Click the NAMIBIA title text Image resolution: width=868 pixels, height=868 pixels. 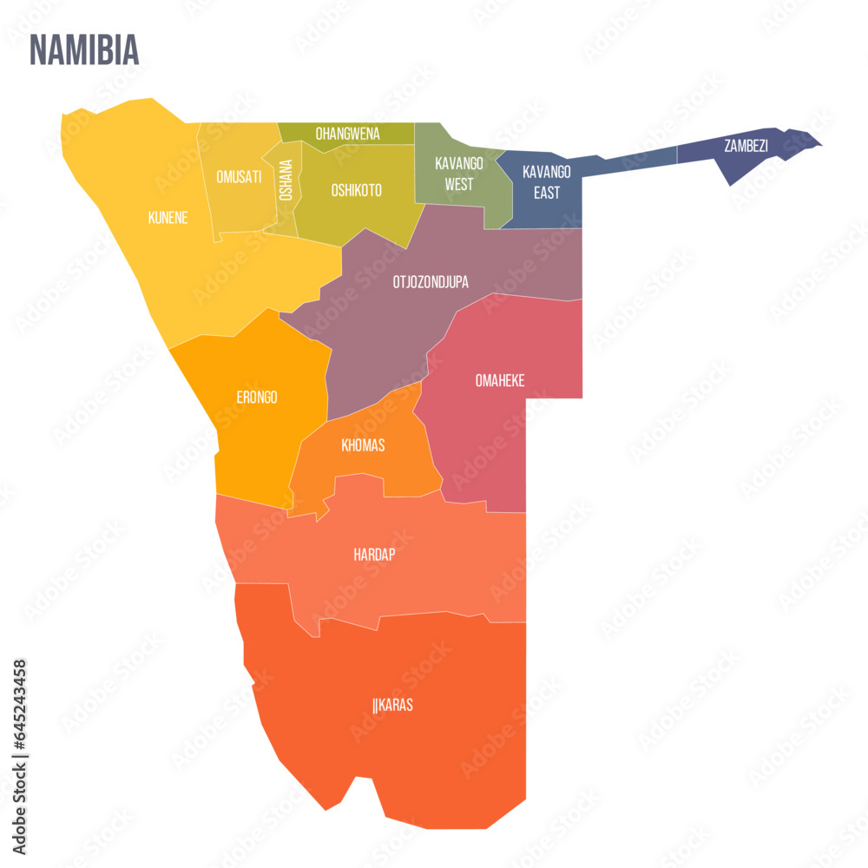[84, 50]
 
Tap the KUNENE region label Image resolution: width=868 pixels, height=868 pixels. [168, 218]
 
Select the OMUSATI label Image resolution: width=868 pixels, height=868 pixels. [239, 177]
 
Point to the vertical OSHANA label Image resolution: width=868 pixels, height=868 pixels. [286, 181]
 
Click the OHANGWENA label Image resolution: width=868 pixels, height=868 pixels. [347, 134]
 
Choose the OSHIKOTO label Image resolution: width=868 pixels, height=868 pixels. [356, 190]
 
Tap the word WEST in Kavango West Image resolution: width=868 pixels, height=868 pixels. [459, 184]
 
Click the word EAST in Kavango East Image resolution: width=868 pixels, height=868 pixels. [547, 193]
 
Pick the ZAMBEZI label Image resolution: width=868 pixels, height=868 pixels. [746, 146]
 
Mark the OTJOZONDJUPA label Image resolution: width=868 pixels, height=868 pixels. [431, 281]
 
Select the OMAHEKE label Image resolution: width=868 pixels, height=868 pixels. [500, 380]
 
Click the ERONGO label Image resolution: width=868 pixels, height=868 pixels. [257, 398]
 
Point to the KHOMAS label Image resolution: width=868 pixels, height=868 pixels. [363, 445]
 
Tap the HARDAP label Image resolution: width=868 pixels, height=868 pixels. [374, 554]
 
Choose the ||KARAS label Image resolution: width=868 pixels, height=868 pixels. [392, 705]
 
